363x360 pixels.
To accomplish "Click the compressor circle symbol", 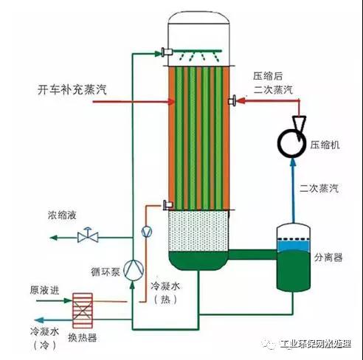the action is (x=280, y=142).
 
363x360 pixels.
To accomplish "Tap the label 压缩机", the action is (x=325, y=145).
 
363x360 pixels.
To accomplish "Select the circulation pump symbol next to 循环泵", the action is (x=134, y=270).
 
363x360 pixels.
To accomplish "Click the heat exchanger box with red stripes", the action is (x=83, y=311).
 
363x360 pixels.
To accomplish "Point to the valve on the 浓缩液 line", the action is (x=88, y=235).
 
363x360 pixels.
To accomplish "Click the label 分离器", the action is (x=328, y=257).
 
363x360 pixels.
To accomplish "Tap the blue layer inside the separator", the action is (x=293, y=246).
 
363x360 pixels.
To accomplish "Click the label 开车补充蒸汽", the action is (x=72, y=89).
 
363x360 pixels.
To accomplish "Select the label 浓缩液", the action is (x=62, y=215).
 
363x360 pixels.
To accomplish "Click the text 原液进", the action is (x=44, y=290).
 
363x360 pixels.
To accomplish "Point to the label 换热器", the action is (x=82, y=337).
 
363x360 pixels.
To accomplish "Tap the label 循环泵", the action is (x=106, y=272).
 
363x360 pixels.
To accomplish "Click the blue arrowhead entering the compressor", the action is (x=293, y=162).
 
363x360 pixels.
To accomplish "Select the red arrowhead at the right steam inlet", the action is (x=241, y=100).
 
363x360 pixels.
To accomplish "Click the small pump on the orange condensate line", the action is (x=147, y=232).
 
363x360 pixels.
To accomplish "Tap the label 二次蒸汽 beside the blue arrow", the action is (x=319, y=188).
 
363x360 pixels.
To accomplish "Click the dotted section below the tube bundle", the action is (x=198, y=231).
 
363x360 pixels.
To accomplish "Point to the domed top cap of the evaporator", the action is (x=198, y=17).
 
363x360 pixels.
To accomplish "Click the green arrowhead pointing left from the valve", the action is (x=54, y=238).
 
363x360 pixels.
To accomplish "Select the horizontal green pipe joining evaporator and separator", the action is (x=253, y=255).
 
